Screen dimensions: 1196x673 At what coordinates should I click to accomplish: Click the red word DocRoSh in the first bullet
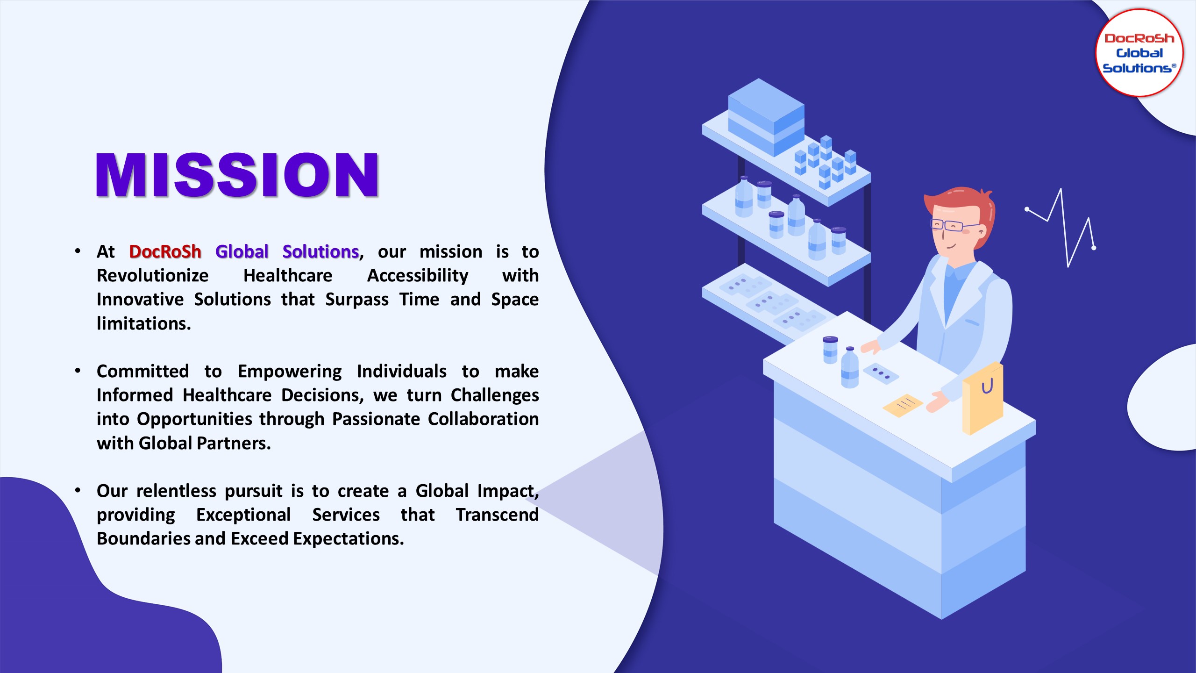click(x=165, y=251)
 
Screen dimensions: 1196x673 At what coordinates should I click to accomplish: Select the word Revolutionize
click(x=153, y=275)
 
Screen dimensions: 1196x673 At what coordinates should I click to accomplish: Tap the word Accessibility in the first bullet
click(x=418, y=276)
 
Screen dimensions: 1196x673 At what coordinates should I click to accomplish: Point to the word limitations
click(x=144, y=323)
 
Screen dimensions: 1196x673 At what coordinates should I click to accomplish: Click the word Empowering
click(x=290, y=372)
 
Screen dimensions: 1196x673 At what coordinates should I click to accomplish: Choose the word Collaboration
click(x=483, y=419)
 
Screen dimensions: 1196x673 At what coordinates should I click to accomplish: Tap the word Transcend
click(x=498, y=515)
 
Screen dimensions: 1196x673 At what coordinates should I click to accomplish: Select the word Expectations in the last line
click(x=349, y=539)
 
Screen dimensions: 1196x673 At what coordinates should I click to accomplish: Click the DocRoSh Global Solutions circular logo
click(x=1139, y=53)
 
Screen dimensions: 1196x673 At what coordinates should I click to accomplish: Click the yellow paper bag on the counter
click(x=982, y=398)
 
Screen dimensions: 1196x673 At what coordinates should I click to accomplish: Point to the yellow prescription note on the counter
click(x=902, y=405)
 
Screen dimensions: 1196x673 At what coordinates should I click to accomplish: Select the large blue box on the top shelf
click(x=766, y=117)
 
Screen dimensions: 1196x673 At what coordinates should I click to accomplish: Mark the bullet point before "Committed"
click(x=78, y=371)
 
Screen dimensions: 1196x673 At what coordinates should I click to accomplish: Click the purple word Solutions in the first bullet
click(x=320, y=251)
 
